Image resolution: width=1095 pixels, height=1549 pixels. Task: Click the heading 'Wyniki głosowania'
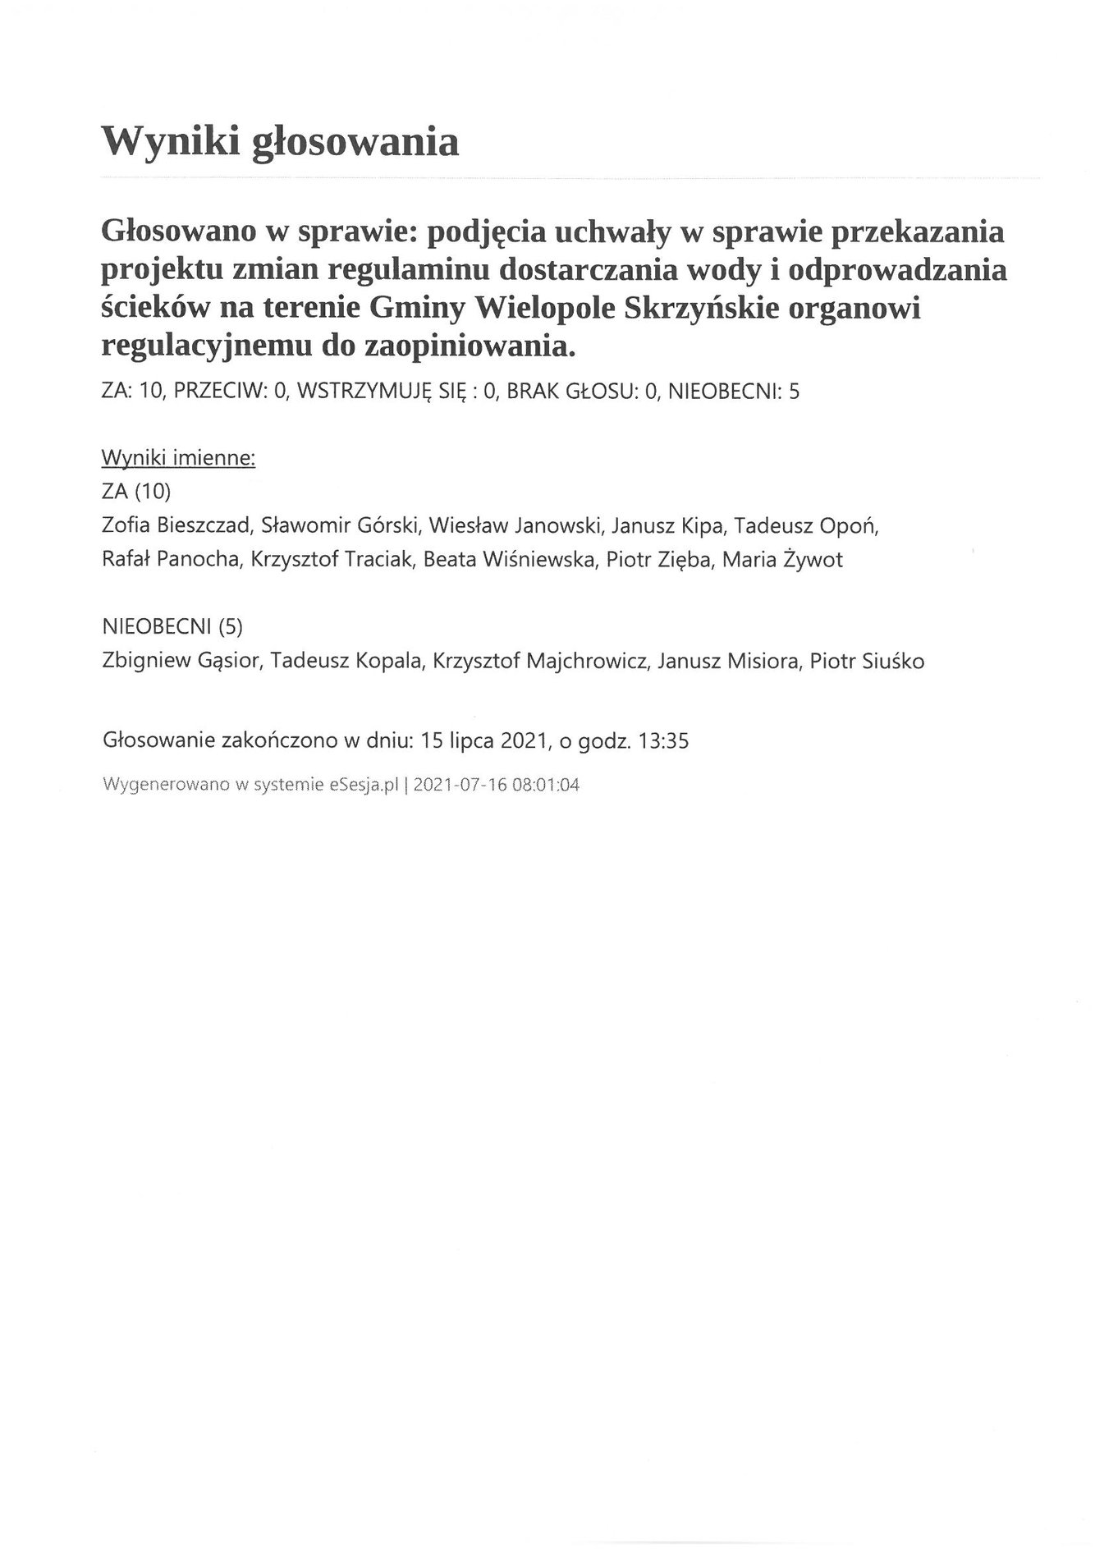(x=279, y=142)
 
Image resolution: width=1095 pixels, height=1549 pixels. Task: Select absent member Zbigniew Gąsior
(x=181, y=661)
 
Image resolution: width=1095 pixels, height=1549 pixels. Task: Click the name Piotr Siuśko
(x=867, y=661)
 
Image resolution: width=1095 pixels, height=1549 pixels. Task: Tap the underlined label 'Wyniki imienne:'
(x=179, y=457)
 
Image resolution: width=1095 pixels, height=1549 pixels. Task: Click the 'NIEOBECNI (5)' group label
(x=172, y=626)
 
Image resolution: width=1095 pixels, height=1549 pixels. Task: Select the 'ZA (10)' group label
(x=136, y=491)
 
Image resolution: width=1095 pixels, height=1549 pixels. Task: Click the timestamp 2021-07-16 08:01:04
(x=497, y=785)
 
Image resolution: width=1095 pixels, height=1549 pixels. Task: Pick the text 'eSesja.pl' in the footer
(x=364, y=785)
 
